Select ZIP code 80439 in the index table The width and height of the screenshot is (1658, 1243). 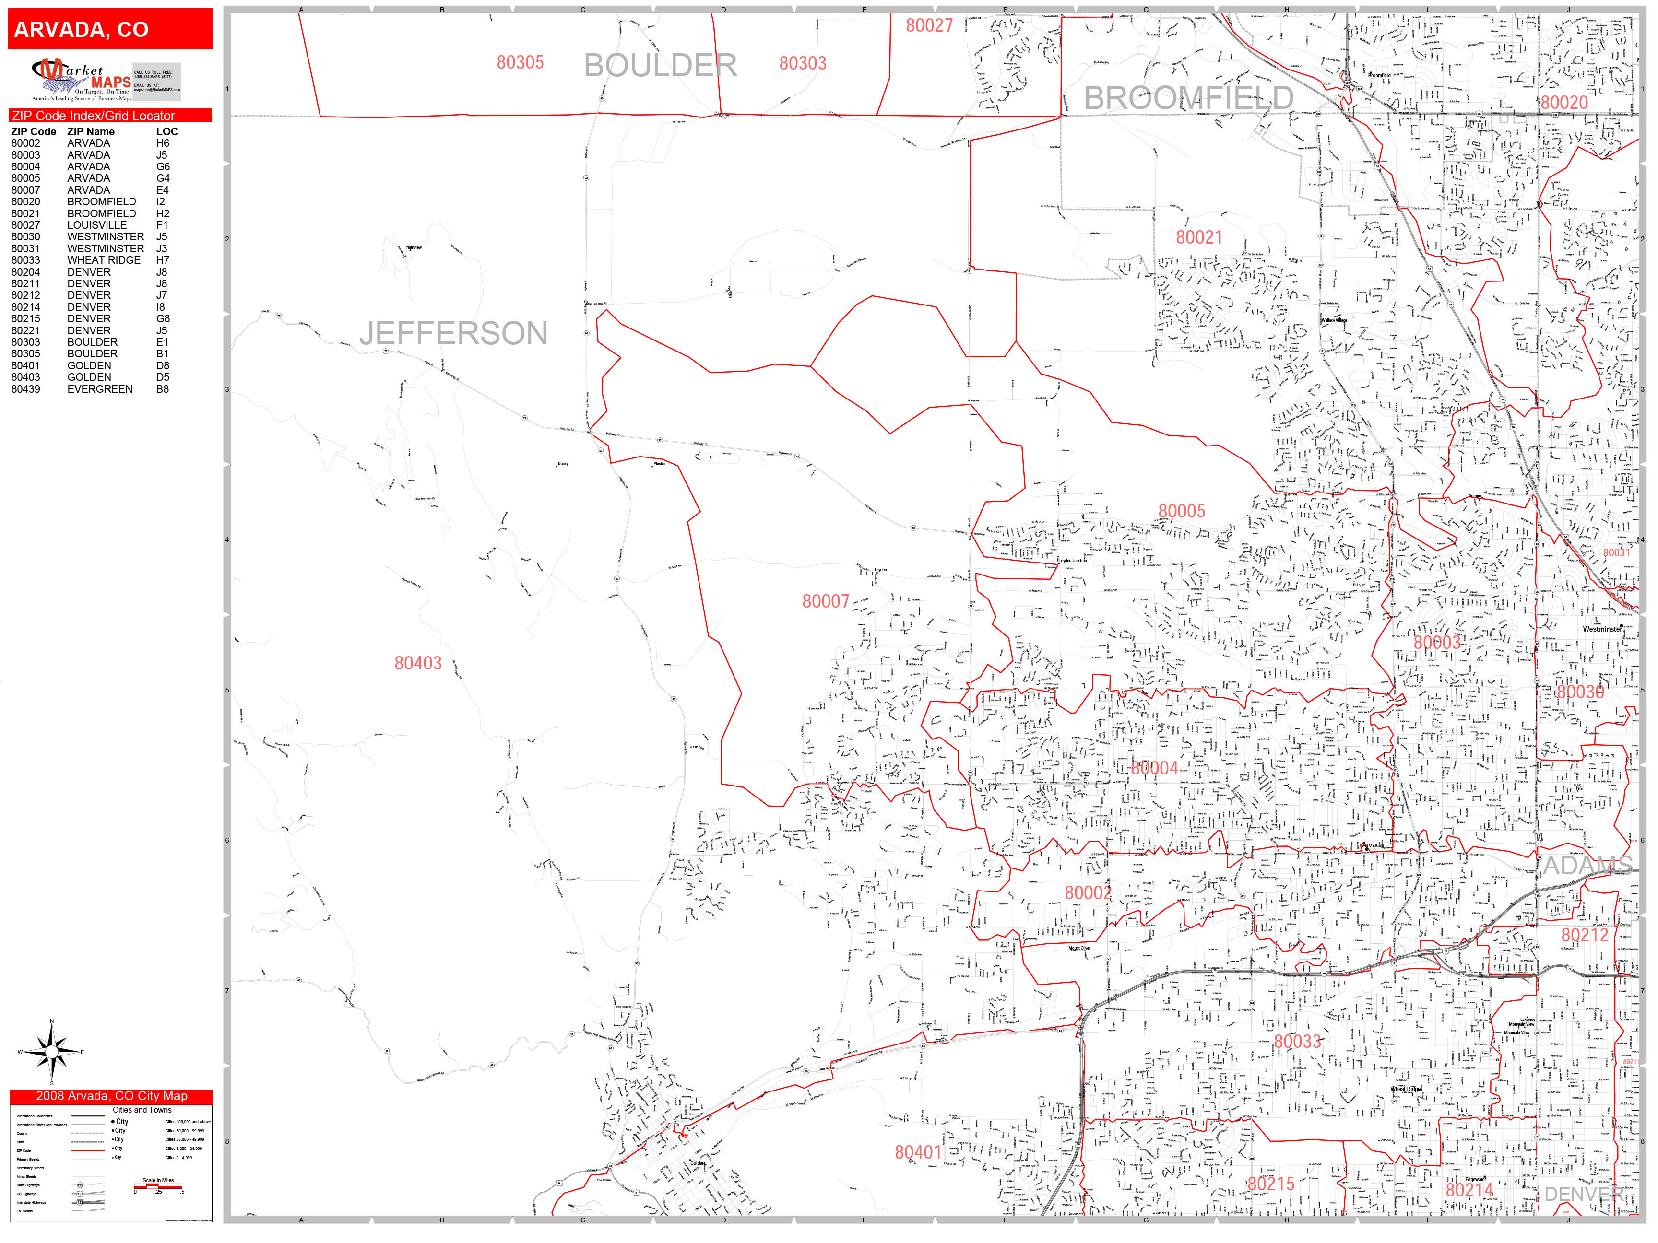[26, 389]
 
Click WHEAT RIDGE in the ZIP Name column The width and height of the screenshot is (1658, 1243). [104, 260]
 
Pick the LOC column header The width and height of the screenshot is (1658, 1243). [166, 131]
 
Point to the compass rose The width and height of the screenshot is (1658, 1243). [52, 1052]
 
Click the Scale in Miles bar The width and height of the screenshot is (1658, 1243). [158, 1186]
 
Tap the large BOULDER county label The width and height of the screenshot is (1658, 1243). [660, 65]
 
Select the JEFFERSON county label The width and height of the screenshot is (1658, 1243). [453, 333]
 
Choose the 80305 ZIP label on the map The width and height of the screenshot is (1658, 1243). [520, 63]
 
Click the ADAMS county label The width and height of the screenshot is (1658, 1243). [1587, 866]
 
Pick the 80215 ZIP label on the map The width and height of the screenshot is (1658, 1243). [1270, 1184]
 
